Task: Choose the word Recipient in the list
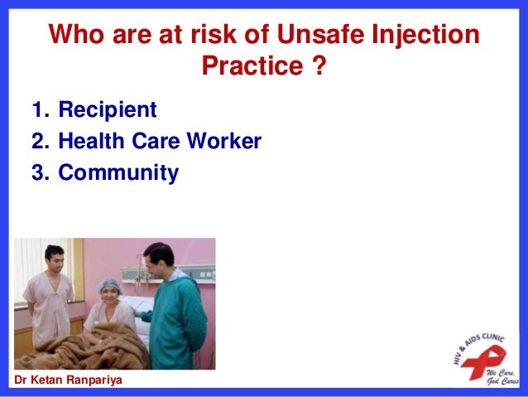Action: tap(107, 109)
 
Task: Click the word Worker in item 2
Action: tap(226, 142)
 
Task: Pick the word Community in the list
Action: tap(118, 174)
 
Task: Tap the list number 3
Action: tap(39, 174)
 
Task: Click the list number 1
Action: tap(38, 109)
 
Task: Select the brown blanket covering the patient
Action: tap(83, 348)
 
